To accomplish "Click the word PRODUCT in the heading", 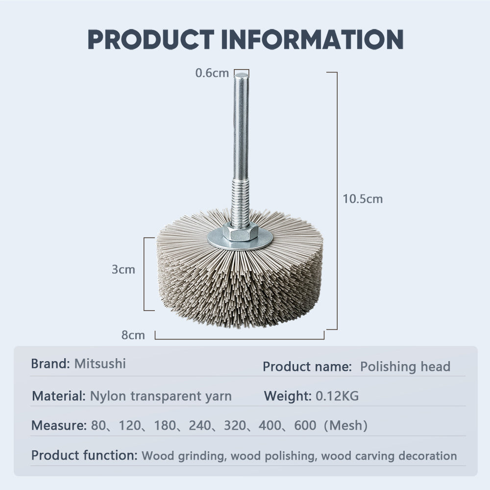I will (150, 40).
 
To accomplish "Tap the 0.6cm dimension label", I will (212, 73).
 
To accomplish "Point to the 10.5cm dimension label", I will (363, 199).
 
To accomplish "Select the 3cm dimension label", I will (123, 269).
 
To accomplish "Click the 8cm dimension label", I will (133, 336).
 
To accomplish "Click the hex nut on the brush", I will (240, 232).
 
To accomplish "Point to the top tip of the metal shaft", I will (241, 75).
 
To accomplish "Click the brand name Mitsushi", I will (100, 364).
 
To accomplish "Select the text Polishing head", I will (405, 367).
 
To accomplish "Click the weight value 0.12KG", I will (337, 396).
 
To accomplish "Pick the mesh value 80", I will (98, 425).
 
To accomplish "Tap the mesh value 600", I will (305, 425).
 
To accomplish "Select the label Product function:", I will (84, 455).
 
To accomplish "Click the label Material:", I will (59, 396).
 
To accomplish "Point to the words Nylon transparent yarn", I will (161, 396).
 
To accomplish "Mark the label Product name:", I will (307, 367).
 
